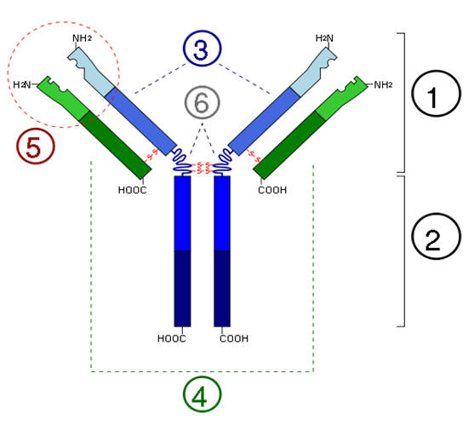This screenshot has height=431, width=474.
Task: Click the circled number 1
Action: point(437,93)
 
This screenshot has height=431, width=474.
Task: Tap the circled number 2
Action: point(437,236)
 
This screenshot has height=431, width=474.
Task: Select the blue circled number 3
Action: point(202,49)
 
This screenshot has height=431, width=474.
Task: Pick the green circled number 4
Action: point(202,394)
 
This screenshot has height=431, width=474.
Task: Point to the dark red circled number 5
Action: point(36,146)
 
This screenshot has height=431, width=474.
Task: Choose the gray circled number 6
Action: point(202,103)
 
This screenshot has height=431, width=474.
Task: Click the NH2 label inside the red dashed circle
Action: point(82,38)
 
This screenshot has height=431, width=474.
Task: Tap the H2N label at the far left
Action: point(22,84)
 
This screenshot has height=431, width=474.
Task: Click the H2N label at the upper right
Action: point(324,38)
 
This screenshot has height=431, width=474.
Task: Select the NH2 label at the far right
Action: point(383,84)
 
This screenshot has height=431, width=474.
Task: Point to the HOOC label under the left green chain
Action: point(133,190)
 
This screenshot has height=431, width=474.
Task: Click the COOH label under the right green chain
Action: point(272,190)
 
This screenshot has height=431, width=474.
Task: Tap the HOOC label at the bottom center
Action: point(171,338)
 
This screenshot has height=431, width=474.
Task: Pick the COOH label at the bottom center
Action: point(234,338)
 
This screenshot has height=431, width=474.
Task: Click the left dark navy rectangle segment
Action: point(182,289)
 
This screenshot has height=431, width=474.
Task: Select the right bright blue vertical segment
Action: point(222,214)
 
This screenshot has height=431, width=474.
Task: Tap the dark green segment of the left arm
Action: point(116,145)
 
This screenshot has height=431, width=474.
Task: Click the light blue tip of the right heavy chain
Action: point(314,72)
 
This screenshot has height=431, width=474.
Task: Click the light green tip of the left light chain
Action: point(64,98)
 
